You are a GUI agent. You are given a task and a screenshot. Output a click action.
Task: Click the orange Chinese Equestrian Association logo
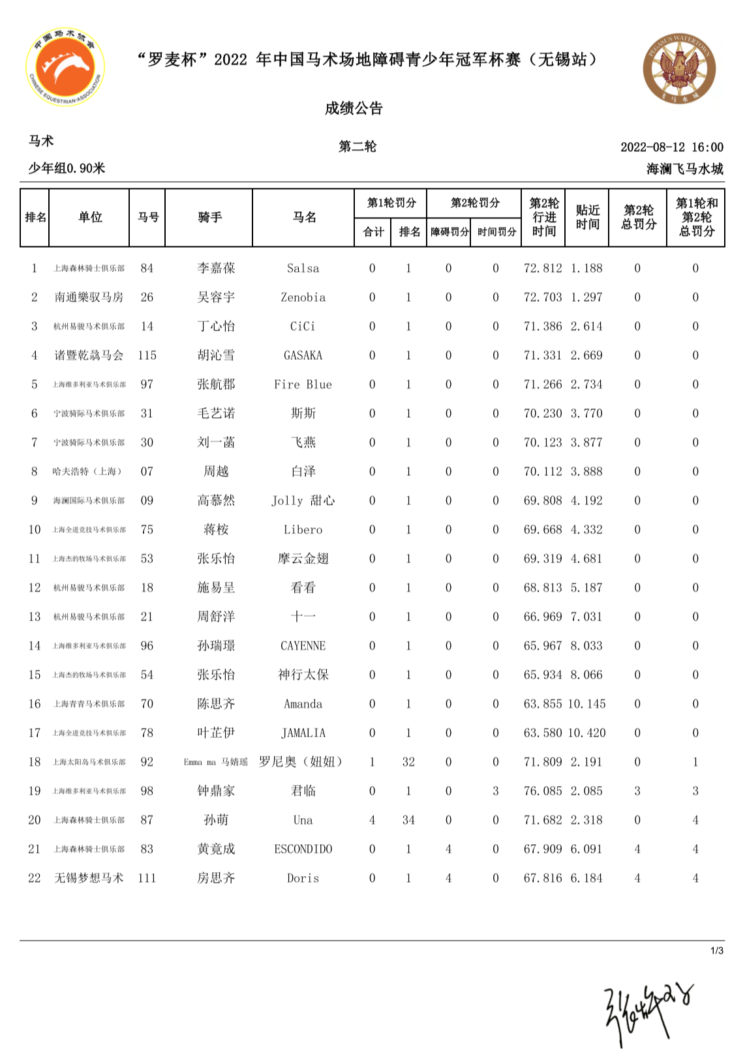pyautogui.click(x=65, y=66)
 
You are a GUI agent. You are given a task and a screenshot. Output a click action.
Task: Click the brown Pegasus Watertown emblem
pyautogui.click(x=679, y=68)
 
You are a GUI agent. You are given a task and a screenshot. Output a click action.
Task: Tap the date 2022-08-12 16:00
pyautogui.click(x=671, y=147)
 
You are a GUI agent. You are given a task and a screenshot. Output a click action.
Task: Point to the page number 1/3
pyautogui.click(x=716, y=951)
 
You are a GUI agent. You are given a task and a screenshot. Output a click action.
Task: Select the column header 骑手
pyautogui.click(x=209, y=217)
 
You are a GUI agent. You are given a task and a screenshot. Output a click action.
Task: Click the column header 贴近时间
pyautogui.click(x=587, y=217)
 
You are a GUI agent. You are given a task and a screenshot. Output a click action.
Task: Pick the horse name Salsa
pyautogui.click(x=303, y=269)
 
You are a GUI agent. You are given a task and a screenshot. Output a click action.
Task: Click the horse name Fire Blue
pyautogui.click(x=303, y=385)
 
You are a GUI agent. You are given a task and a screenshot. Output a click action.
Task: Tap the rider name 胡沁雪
pyautogui.click(x=216, y=355)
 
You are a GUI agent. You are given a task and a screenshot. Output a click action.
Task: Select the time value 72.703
pyautogui.click(x=543, y=297)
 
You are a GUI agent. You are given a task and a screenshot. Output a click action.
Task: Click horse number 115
pyautogui.click(x=147, y=355)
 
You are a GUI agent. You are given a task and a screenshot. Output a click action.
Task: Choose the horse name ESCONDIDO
pyautogui.click(x=303, y=849)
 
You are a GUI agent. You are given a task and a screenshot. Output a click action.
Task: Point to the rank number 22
pyautogui.click(x=35, y=878)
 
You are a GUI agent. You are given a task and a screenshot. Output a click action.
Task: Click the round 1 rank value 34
pyautogui.click(x=408, y=820)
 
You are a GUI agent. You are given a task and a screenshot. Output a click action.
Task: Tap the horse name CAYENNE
pyautogui.click(x=303, y=646)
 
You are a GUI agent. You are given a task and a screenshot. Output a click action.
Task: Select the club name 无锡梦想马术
pyautogui.click(x=89, y=878)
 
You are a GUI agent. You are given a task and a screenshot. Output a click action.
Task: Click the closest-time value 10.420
pyautogui.click(x=587, y=733)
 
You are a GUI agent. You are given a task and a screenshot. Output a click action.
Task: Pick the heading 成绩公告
pyautogui.click(x=354, y=108)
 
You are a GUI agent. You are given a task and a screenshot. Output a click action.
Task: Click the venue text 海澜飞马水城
pyautogui.click(x=684, y=169)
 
